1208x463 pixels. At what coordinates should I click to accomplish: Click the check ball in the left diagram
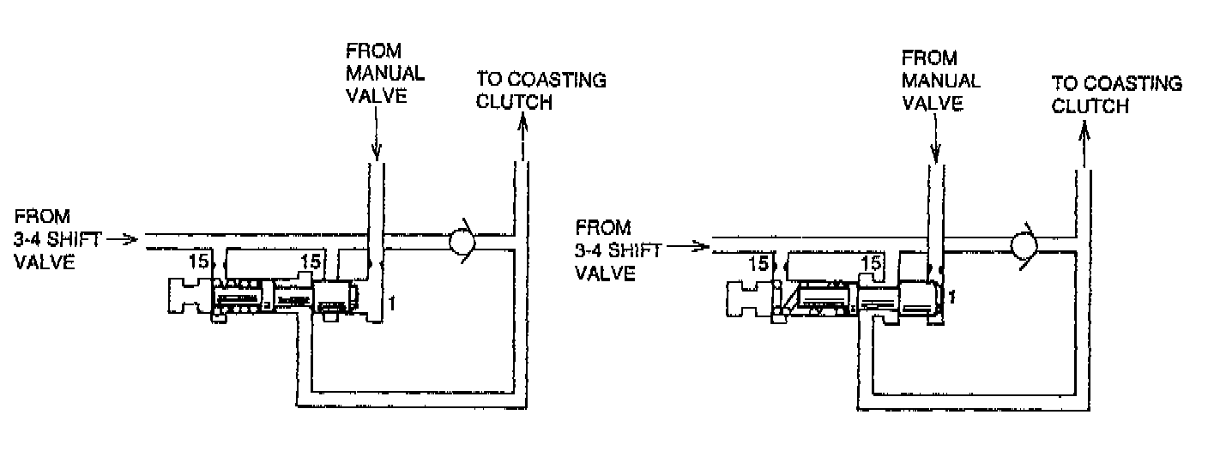463,243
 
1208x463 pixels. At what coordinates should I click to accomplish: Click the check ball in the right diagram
1026,246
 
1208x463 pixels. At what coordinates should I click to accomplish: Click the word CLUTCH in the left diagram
515,103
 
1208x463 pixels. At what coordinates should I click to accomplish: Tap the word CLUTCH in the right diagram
1090,106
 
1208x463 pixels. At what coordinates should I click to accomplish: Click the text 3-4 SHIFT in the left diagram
58,239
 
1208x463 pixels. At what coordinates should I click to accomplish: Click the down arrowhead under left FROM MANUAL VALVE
375,155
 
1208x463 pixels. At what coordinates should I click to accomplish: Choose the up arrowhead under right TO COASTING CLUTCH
1084,130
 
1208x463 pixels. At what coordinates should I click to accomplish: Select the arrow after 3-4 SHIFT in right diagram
692,248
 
